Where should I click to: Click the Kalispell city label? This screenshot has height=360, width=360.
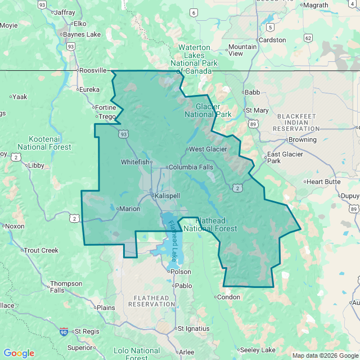click(168, 195)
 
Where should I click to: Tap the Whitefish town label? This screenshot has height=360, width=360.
click(136, 162)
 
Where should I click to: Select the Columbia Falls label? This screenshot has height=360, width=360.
click(191, 167)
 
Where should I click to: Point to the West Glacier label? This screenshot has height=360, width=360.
click(208, 149)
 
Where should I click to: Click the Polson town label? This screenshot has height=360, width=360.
click(181, 272)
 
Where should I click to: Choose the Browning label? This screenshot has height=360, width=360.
click(303, 139)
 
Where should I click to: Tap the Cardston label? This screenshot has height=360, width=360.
click(272, 40)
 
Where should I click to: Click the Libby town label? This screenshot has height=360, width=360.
click(36, 165)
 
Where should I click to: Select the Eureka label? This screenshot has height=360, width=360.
click(89, 89)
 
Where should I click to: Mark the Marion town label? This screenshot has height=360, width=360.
click(129, 209)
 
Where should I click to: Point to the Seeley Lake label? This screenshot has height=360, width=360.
click(258, 350)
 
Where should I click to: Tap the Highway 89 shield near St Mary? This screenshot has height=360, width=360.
click(254, 124)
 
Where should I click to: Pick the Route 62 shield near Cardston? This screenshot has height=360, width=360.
click(308, 38)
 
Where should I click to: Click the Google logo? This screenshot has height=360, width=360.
click(19, 353)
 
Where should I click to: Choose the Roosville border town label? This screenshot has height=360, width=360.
click(93, 70)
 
